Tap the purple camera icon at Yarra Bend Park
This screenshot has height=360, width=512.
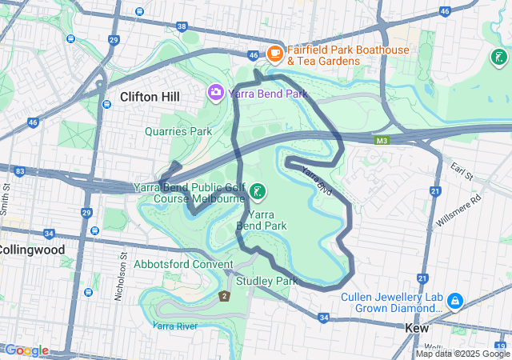tap(216, 93)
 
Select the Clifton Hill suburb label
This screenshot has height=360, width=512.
tap(150, 97)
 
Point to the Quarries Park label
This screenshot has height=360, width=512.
tap(178, 131)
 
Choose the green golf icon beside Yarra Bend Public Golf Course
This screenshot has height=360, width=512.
tap(258, 191)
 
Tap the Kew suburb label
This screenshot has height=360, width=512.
tap(417, 328)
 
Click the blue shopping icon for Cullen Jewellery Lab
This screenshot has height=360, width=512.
tap(454, 301)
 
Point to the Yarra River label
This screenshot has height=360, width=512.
tap(175, 326)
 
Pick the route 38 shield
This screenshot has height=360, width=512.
tap(183, 26)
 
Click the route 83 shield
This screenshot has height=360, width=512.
tap(20, 170)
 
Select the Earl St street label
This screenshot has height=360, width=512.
tap(462, 170)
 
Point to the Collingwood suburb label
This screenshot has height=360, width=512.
tap(30, 250)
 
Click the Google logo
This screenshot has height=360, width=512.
tap(26, 350)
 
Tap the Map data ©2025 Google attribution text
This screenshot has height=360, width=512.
tap(462, 354)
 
